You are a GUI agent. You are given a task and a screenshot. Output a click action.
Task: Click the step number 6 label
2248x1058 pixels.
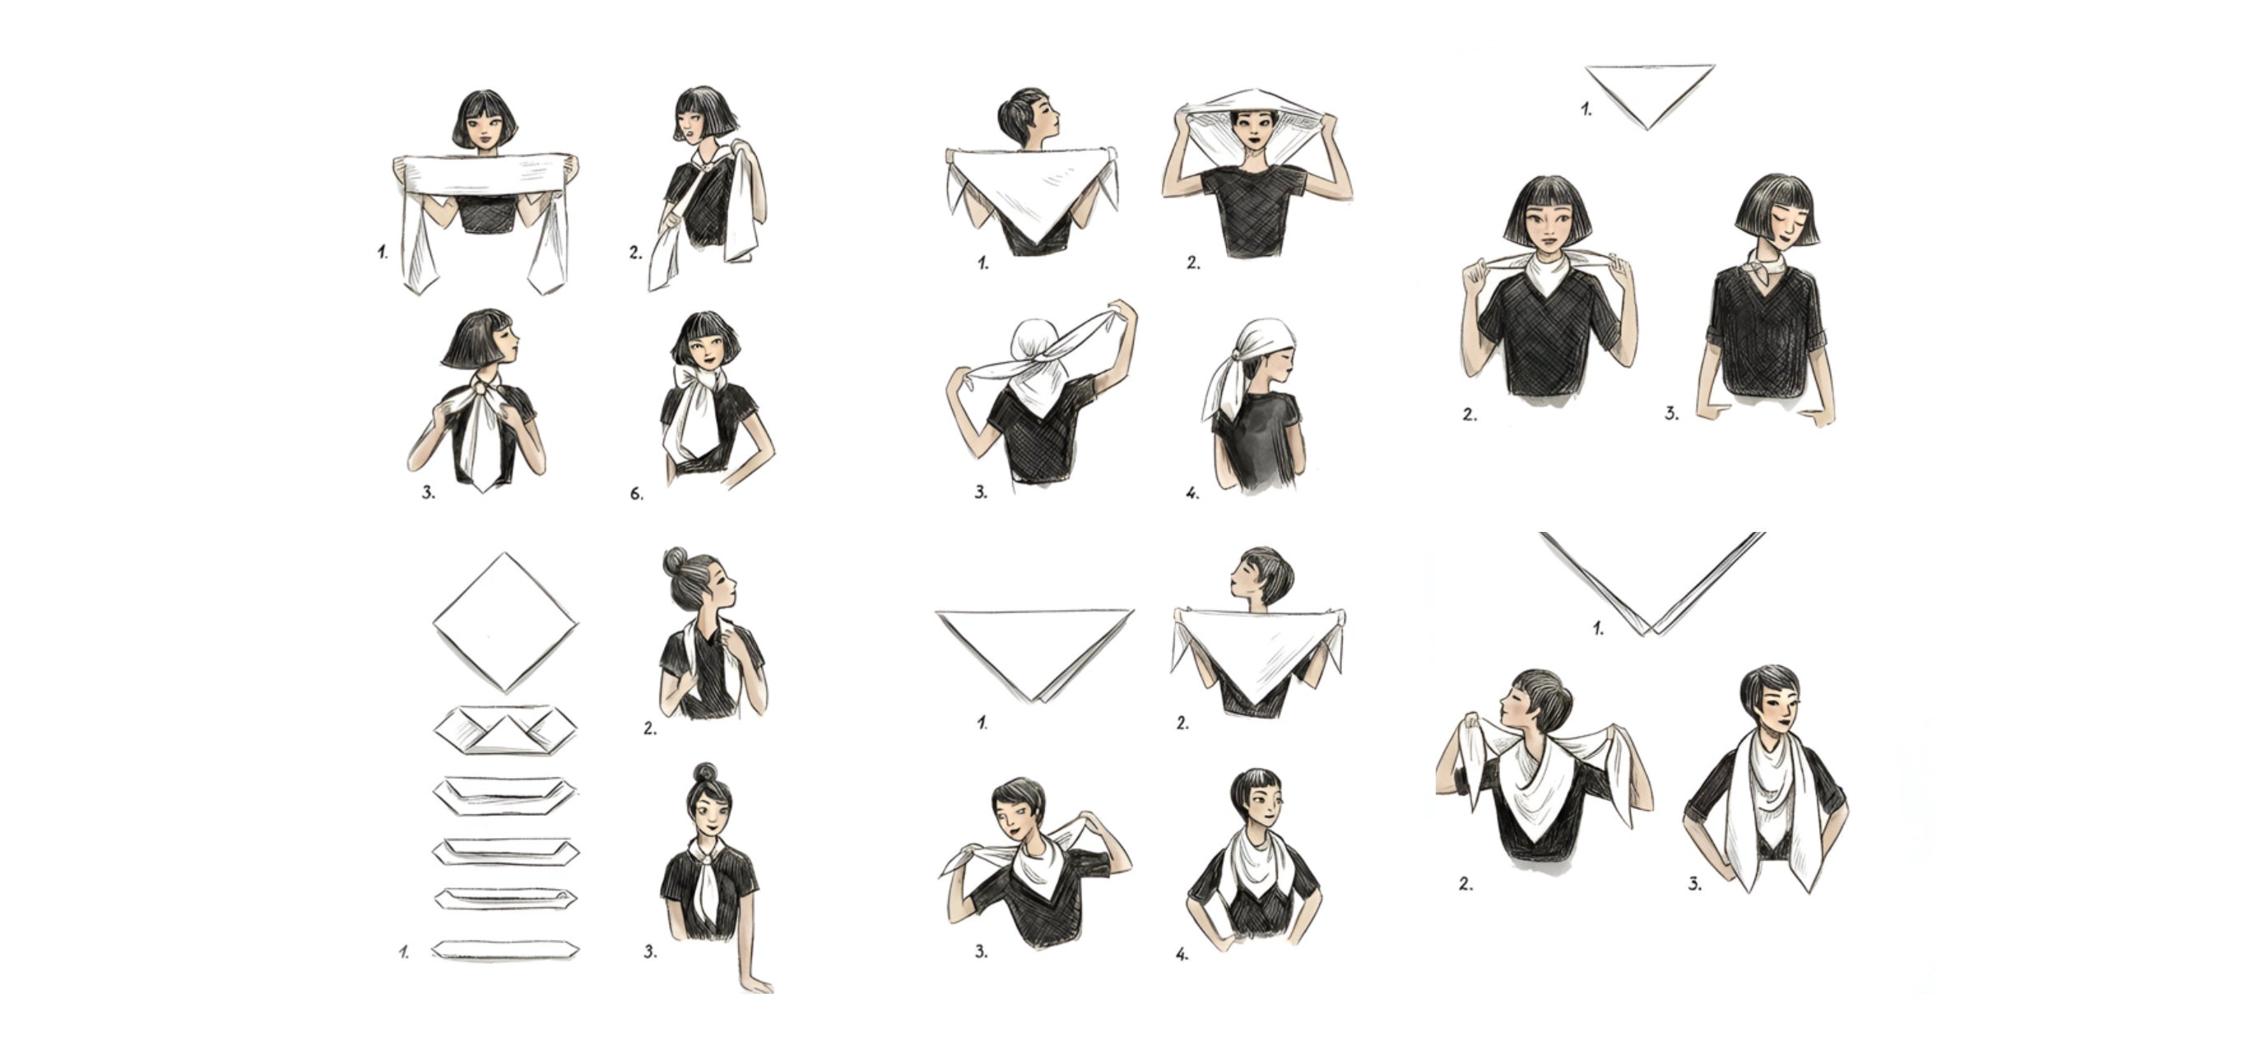[x=636, y=494]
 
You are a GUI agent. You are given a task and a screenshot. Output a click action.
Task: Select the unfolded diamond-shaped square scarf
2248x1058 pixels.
[x=505, y=622]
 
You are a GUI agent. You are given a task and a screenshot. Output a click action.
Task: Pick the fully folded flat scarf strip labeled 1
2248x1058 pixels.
[x=505, y=950]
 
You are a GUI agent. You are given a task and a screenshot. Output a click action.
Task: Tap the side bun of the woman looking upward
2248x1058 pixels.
[x=675, y=562]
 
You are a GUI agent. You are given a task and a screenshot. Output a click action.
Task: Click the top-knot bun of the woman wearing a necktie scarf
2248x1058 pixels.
[x=705, y=772]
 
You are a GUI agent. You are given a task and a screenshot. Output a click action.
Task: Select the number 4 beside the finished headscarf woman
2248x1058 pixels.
[x=1192, y=494]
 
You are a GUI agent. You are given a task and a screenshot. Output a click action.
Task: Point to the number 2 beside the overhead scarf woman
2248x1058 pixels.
[x=1193, y=263]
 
